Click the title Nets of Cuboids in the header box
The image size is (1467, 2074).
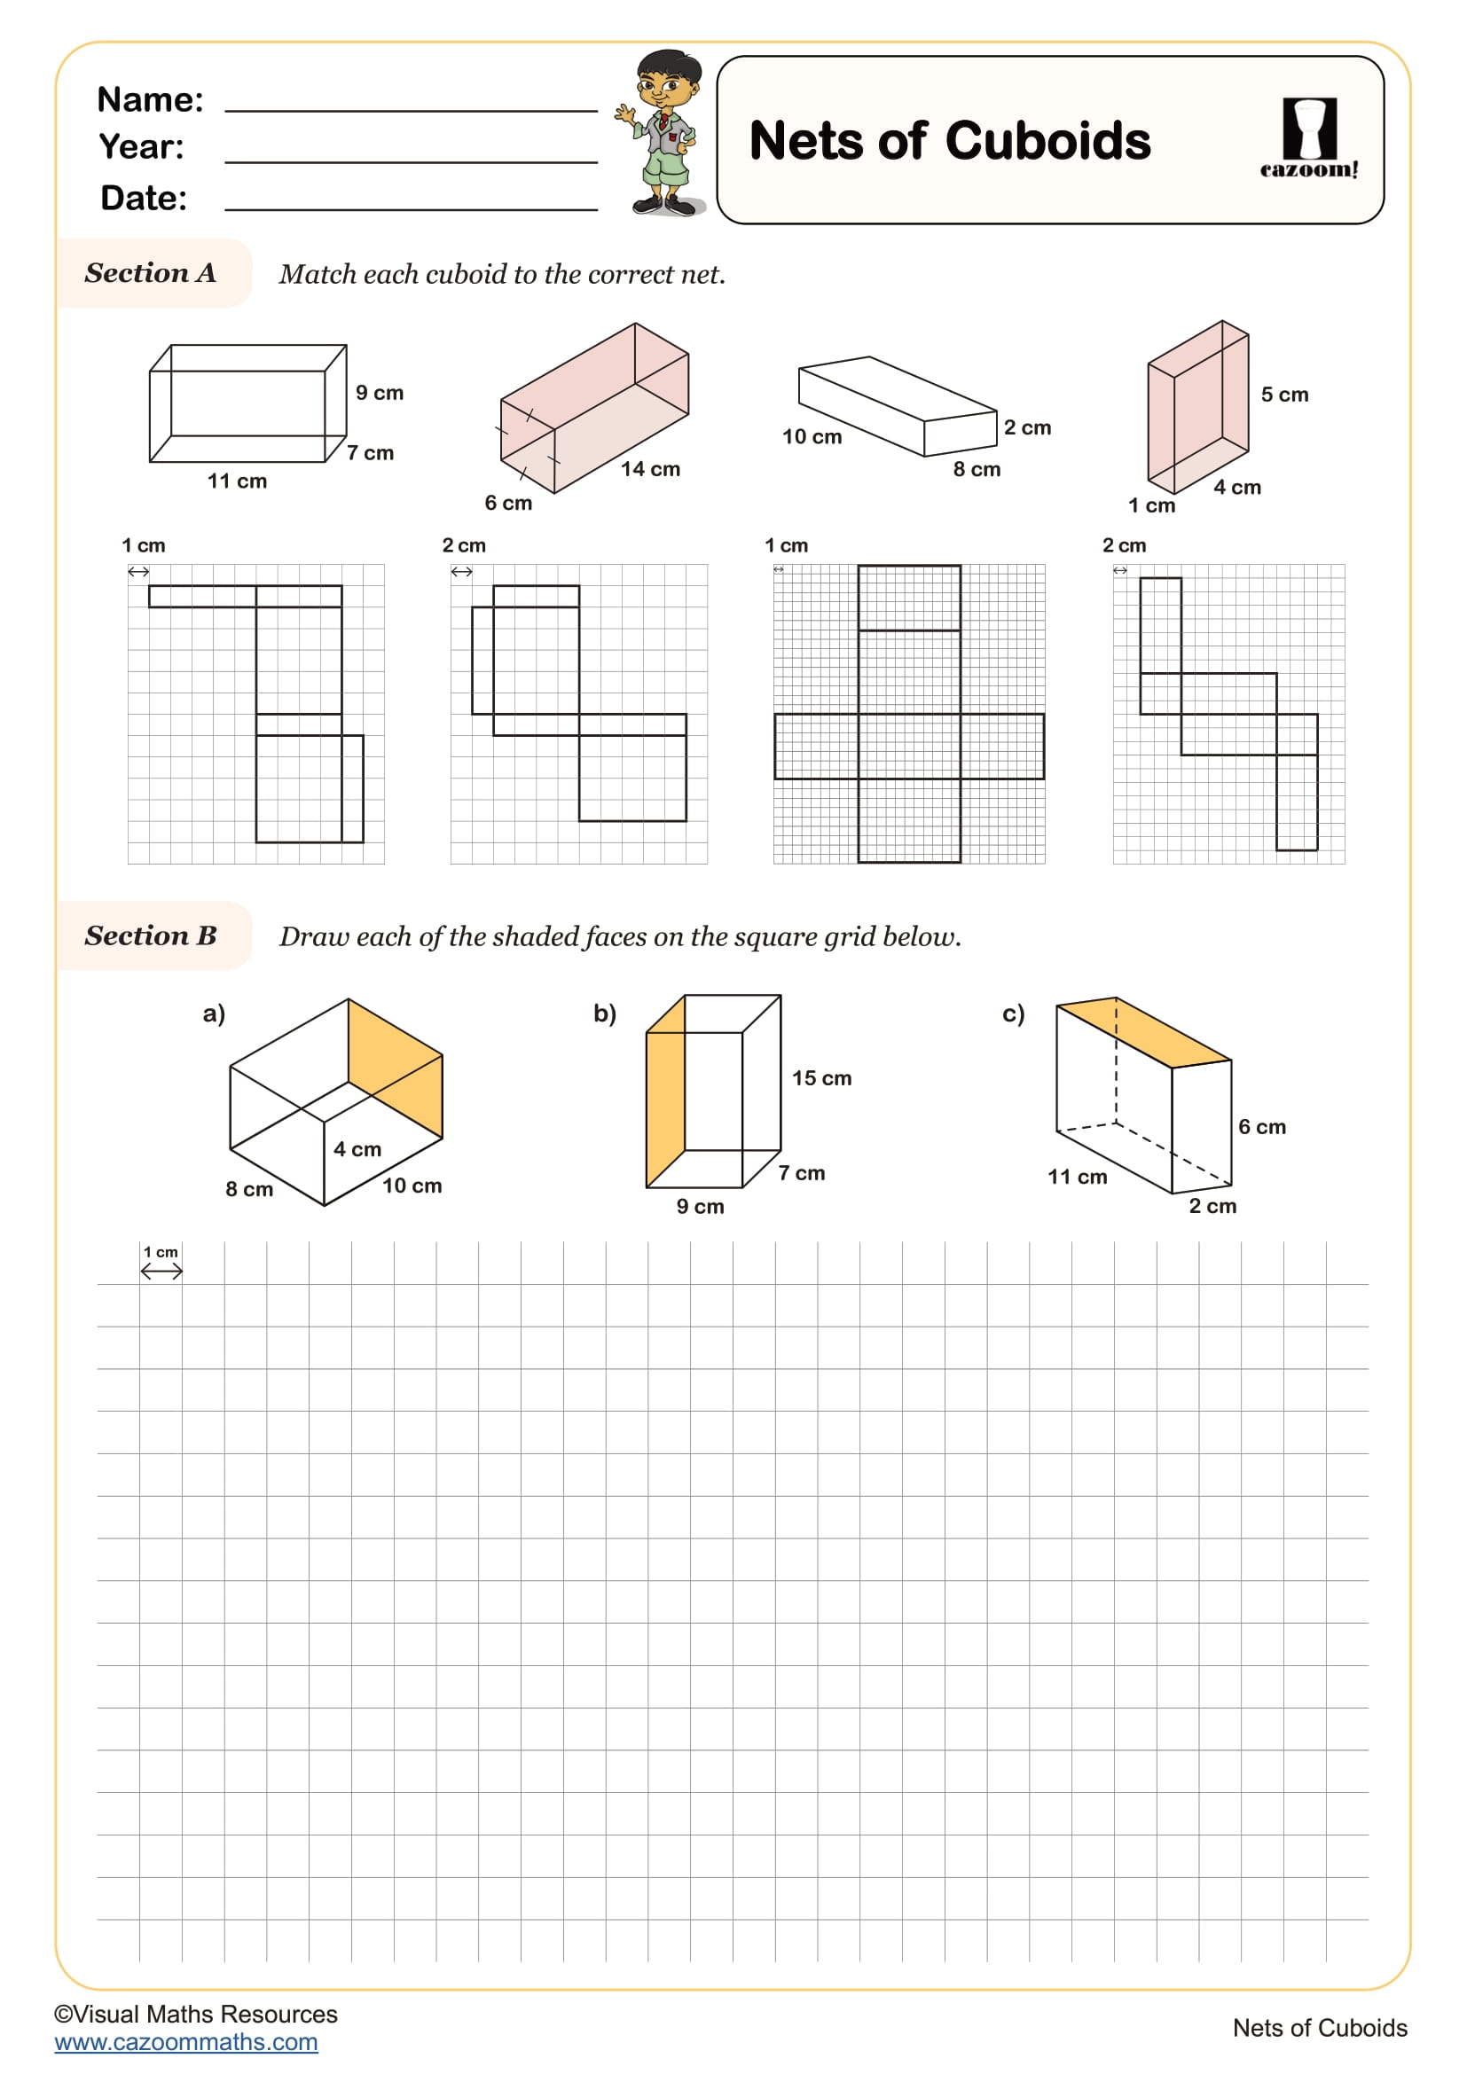click(949, 142)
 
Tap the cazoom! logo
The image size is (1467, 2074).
click(1308, 139)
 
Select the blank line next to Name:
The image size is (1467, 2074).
click(411, 101)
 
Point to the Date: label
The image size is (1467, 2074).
click(144, 199)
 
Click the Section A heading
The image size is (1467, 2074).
click(151, 273)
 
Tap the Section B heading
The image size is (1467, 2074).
click(151, 935)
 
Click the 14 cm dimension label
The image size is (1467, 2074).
click(650, 469)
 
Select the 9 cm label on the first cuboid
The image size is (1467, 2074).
click(380, 393)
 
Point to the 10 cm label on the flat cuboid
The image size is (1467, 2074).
click(812, 437)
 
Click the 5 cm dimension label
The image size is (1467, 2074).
click(1283, 395)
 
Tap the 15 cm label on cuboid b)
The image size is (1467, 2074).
click(821, 1078)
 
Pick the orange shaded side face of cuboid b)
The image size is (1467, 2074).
click(666, 1098)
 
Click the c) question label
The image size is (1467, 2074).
click(1014, 1014)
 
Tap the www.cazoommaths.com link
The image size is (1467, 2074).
click(186, 2042)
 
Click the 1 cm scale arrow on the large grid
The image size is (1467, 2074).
click(161, 1272)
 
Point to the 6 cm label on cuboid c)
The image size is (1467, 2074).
click(1261, 1127)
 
